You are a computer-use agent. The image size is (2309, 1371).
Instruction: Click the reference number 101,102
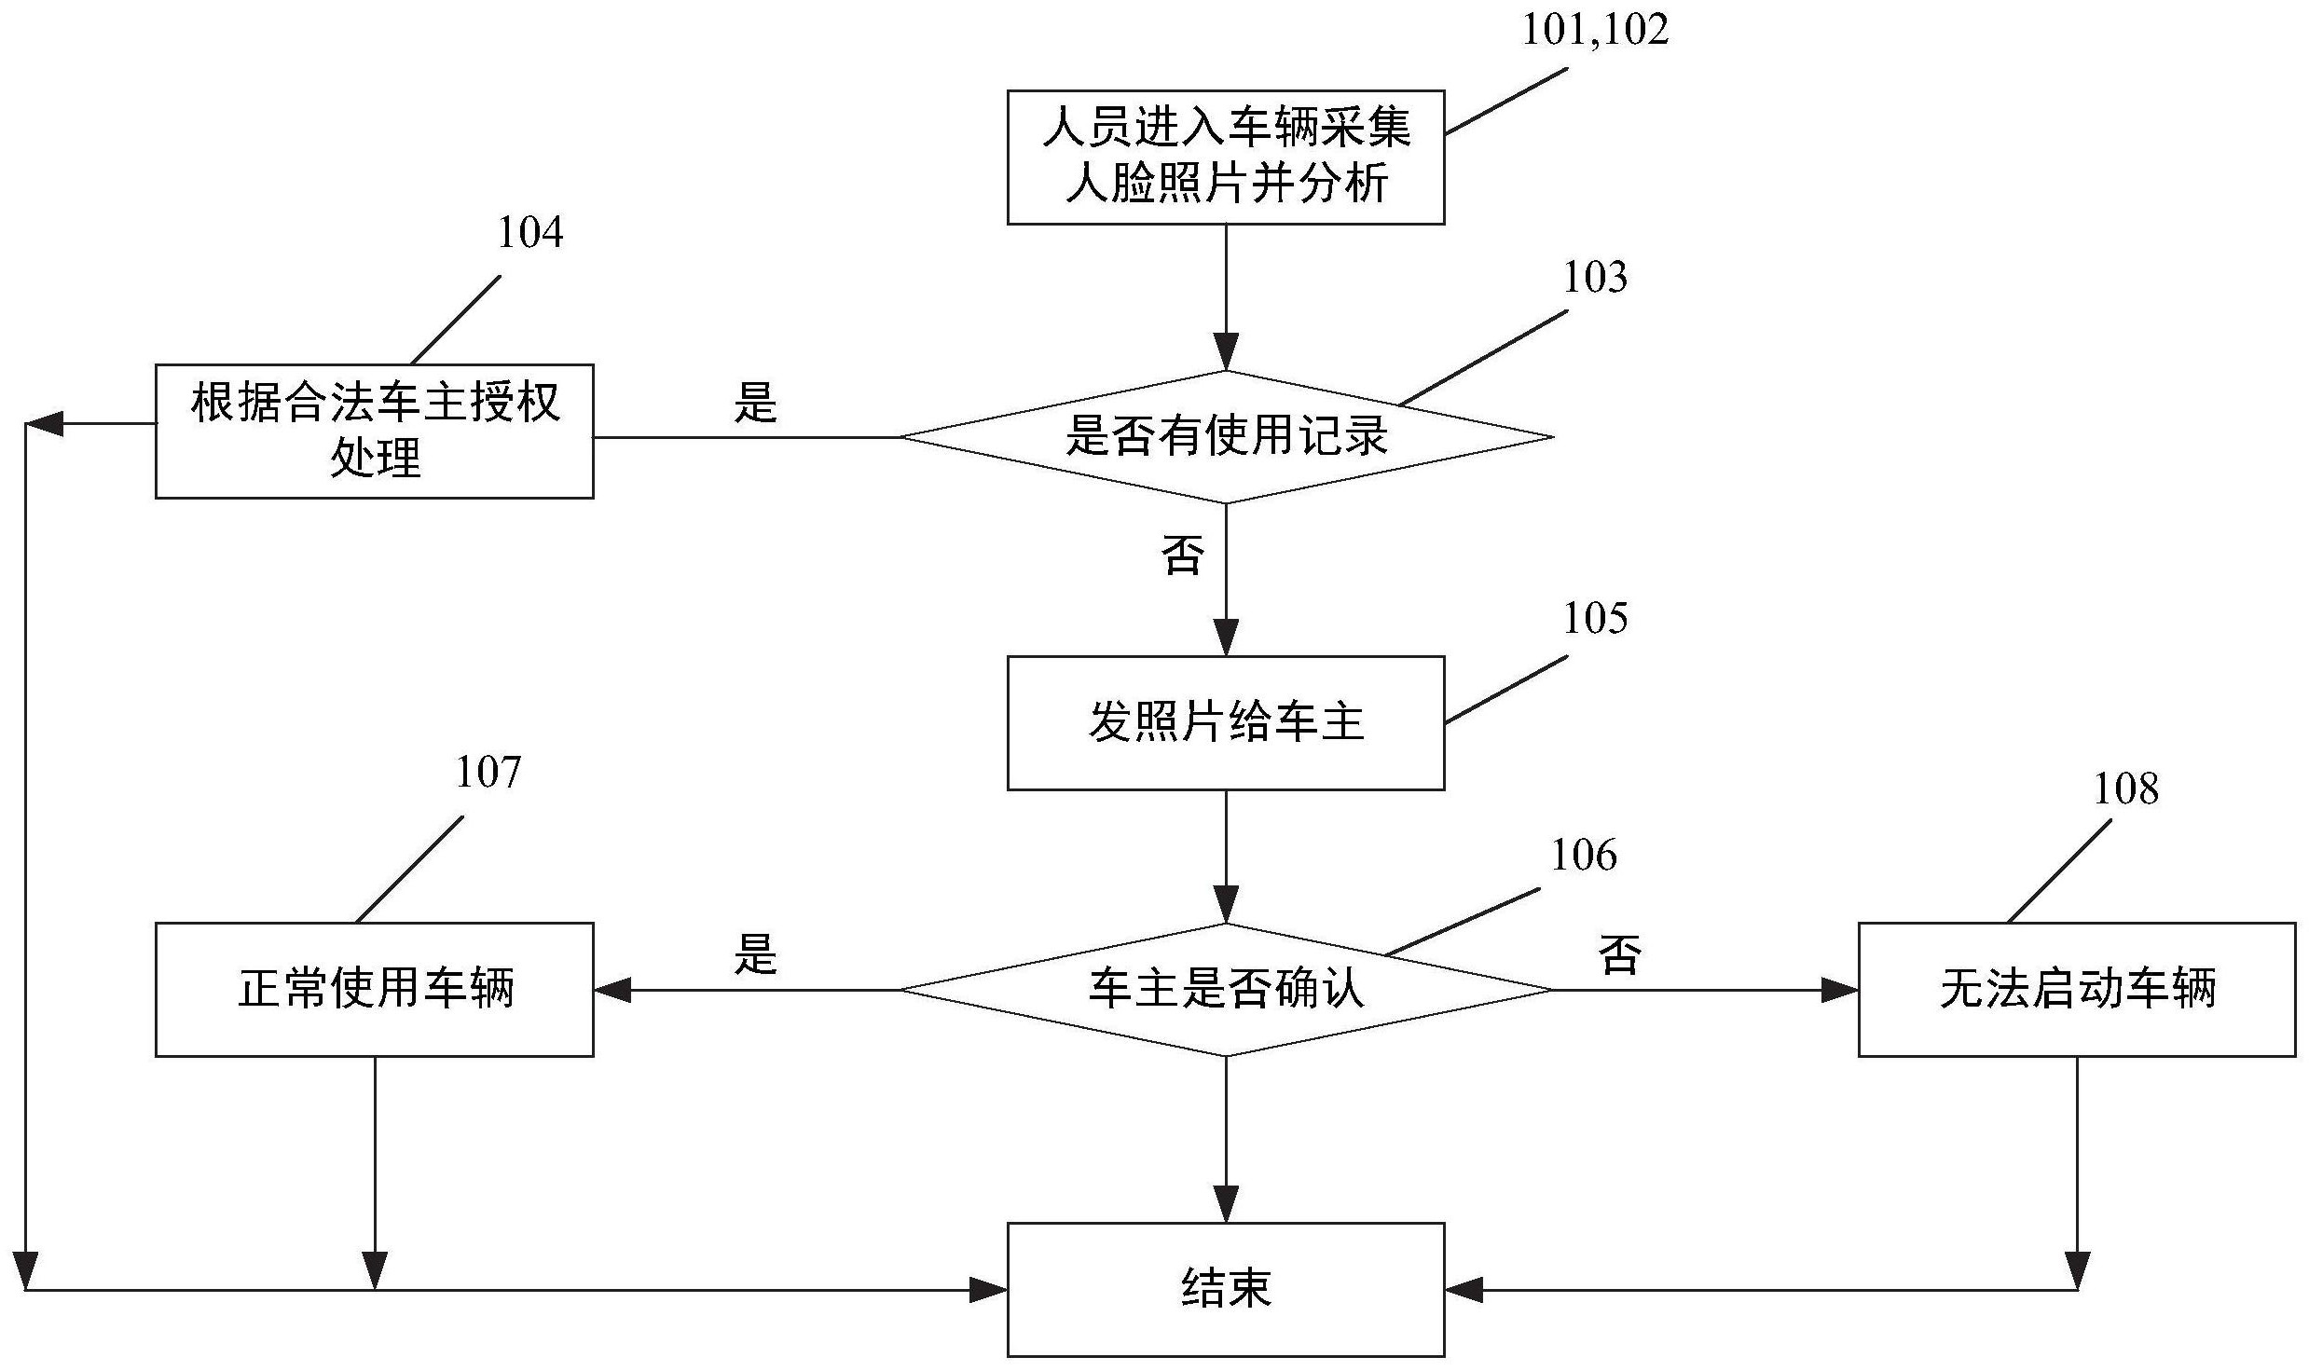coord(1594,31)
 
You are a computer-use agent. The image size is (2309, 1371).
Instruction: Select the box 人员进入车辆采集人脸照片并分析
coord(1225,157)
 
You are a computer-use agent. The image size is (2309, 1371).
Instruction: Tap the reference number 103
coord(1594,278)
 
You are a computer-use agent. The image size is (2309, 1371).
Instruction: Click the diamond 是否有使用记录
coord(1225,436)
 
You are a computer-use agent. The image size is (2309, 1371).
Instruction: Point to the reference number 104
coord(529,233)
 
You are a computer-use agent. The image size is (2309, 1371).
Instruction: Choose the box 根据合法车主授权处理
coord(374,431)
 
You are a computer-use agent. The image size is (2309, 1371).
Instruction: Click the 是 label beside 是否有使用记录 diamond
coord(754,404)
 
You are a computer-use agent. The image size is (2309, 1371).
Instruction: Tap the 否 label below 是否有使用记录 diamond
coord(1182,555)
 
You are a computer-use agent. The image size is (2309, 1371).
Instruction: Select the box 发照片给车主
coord(1225,722)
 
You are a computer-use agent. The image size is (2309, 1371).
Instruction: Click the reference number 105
coord(1594,618)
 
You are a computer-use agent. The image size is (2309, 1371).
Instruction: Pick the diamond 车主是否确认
coord(1225,989)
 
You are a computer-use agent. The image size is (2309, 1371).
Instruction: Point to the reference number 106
coord(1583,856)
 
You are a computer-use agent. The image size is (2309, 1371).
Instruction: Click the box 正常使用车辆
coord(374,989)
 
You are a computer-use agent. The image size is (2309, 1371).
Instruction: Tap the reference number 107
coord(488,773)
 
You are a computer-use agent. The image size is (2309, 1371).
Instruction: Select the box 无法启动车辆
coord(2076,989)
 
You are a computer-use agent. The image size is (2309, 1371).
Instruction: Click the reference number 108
coord(2125,789)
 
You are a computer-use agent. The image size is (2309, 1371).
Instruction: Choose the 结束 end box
coord(1225,1289)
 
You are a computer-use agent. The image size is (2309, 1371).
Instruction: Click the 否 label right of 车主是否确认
coord(1619,955)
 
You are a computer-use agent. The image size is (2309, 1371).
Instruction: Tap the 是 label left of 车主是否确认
coord(754,955)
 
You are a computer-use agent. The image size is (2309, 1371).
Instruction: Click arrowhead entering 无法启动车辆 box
coord(1840,990)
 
